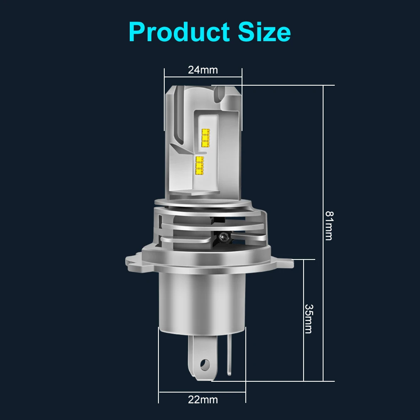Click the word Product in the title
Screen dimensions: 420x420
(179, 32)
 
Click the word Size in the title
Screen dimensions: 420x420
(264, 32)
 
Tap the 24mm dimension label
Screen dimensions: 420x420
(203, 70)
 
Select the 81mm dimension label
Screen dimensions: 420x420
(329, 225)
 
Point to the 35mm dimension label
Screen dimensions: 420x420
(309, 319)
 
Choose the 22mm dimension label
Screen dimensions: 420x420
(203, 400)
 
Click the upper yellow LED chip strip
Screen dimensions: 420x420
(206, 138)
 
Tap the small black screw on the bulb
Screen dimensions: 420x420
(222, 237)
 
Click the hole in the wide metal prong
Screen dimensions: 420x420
(205, 364)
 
